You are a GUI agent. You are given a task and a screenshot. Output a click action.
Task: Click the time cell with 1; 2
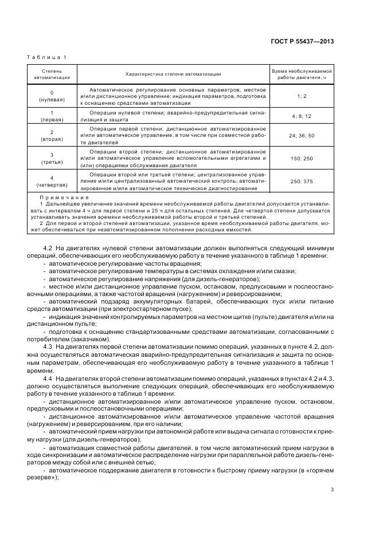[302, 96]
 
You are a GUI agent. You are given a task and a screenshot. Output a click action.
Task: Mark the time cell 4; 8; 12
[302, 116]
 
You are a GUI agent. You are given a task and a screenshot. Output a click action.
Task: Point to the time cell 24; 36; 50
[302, 135]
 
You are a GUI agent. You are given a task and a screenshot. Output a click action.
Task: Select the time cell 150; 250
[302, 158]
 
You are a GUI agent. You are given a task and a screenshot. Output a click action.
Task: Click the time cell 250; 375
[302, 181]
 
